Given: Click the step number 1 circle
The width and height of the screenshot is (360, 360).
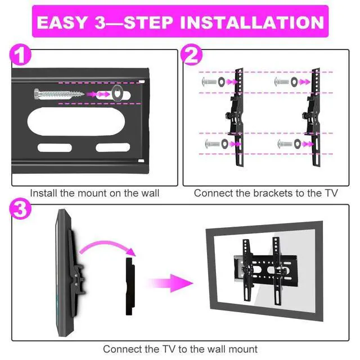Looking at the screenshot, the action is [x=20, y=55].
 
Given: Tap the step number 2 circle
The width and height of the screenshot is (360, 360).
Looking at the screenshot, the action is [x=191, y=55].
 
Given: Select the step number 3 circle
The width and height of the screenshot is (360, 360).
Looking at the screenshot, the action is [x=20, y=209].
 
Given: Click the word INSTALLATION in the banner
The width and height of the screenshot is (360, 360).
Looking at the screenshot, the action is [x=252, y=22].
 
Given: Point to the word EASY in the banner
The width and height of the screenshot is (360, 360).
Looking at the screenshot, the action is [x=61, y=22].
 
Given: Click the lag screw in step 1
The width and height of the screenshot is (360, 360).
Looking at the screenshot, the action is [x=59, y=94].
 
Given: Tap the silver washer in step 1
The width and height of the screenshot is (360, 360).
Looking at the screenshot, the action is [x=118, y=93].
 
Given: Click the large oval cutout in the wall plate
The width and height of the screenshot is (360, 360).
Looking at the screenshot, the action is [x=76, y=121].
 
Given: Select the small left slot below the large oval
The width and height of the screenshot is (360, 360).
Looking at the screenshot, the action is [x=55, y=147].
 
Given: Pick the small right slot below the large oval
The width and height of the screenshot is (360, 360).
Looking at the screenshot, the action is [x=113, y=147].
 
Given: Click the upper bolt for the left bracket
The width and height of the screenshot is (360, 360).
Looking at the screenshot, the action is [x=209, y=82].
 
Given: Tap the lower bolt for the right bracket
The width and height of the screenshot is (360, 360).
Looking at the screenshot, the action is [x=285, y=144].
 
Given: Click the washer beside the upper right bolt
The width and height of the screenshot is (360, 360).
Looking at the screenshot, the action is [x=294, y=82].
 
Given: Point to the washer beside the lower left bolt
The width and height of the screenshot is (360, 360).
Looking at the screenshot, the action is [x=224, y=144].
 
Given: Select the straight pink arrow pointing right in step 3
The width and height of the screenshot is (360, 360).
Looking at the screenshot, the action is [x=170, y=283].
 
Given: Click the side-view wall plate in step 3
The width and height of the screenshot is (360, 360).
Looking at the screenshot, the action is [x=130, y=286].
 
